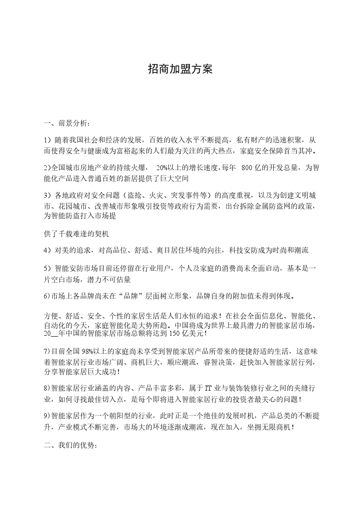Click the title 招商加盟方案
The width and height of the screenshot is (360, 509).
(x=180, y=69)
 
